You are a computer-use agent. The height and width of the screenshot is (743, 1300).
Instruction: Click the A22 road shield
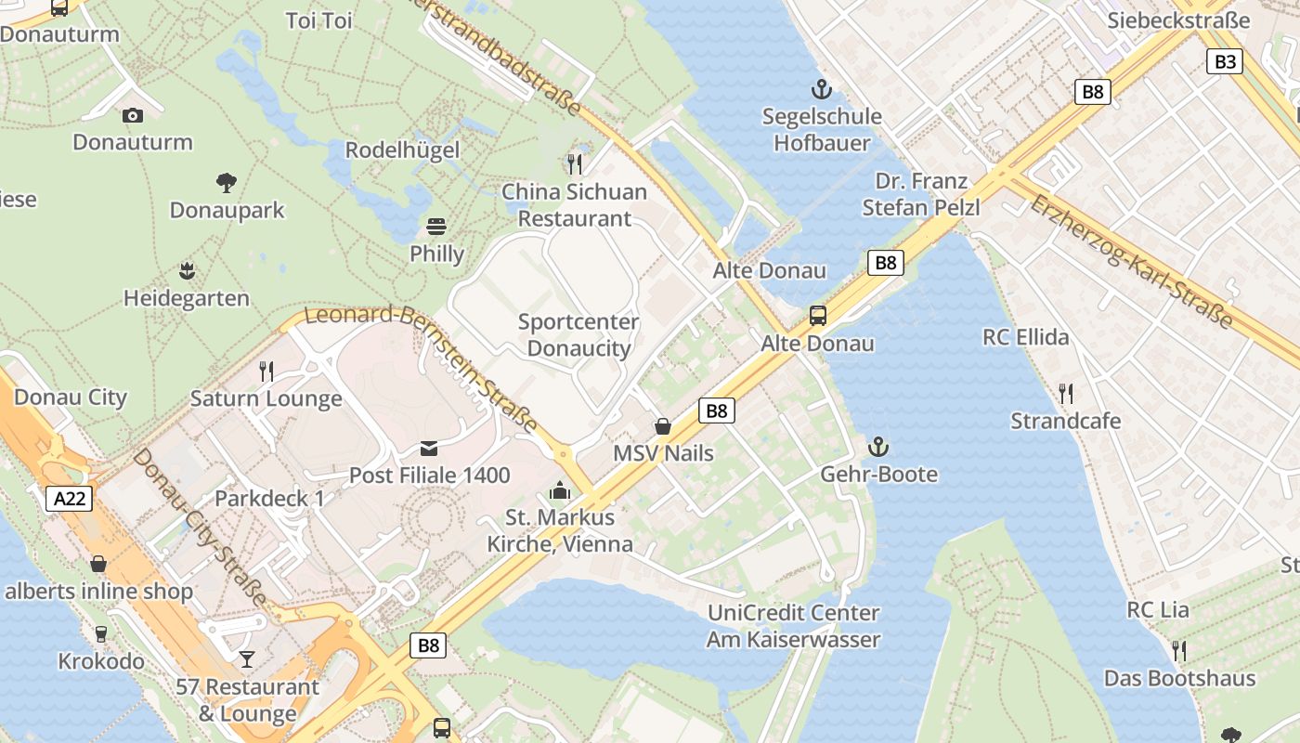point(70,499)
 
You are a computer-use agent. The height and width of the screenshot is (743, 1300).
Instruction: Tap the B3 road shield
point(1225,61)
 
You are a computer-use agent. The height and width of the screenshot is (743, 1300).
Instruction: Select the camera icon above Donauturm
point(133,115)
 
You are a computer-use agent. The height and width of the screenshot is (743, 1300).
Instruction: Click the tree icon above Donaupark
point(226,183)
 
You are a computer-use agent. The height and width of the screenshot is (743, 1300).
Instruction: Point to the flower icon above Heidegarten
point(187,271)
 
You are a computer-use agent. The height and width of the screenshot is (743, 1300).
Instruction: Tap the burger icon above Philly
point(436,227)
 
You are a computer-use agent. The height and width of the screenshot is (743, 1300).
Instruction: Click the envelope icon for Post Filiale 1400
point(429,449)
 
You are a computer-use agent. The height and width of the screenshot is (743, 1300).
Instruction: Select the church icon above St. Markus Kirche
point(560,490)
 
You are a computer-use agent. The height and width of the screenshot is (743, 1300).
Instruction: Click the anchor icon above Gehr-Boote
point(878,448)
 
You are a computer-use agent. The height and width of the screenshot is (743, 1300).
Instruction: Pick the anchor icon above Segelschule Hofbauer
point(821,89)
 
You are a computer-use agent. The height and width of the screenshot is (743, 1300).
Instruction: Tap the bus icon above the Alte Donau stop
point(817,316)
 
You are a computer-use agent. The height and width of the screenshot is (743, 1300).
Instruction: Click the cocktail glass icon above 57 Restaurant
point(246,659)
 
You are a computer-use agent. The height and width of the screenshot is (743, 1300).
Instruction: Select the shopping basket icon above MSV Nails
point(663,426)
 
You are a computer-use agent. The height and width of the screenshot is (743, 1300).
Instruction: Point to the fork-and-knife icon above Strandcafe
point(1065,394)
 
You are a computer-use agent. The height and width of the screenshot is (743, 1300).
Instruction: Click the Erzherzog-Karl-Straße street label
point(1131,262)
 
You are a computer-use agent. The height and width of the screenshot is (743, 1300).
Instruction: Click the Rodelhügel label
point(402,150)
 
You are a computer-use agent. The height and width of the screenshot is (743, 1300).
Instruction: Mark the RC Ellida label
point(1026,336)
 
